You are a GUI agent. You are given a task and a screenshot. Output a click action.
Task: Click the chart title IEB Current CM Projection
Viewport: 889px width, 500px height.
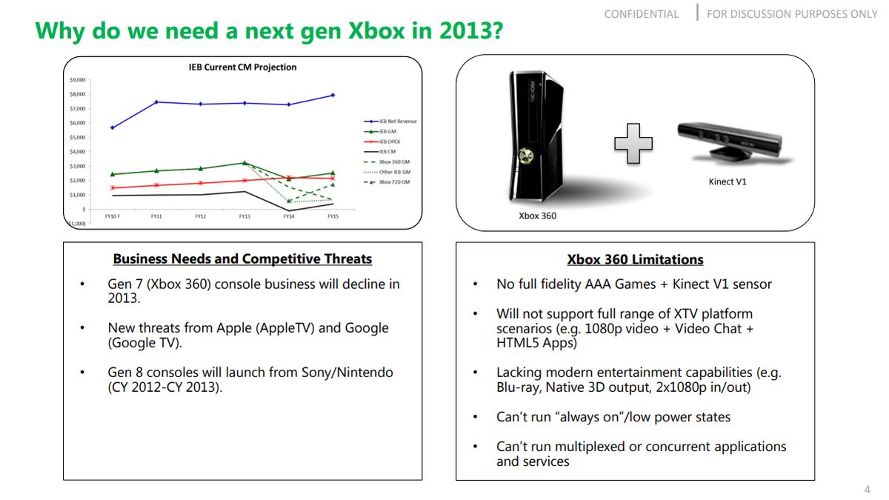point(242,67)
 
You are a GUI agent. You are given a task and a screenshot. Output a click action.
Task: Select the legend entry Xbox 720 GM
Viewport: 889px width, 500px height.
point(393,181)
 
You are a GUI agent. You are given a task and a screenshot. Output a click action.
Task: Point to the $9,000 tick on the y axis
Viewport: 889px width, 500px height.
point(77,80)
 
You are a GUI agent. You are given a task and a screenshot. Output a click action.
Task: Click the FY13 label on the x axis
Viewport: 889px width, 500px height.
point(244,217)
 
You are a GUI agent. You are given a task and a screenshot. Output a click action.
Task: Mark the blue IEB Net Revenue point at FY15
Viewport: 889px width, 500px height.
point(333,95)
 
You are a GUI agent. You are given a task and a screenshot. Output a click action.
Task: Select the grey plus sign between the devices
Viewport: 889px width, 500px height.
point(633,141)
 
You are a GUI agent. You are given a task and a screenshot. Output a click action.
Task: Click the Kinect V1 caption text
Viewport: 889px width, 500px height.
point(727,181)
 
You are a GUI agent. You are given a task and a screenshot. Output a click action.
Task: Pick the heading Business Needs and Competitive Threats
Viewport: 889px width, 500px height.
point(242,259)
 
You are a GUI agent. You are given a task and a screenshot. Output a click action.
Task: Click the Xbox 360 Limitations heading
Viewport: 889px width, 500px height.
point(635,260)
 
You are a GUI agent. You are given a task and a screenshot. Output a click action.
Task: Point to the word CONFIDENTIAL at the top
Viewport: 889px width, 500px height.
point(641,14)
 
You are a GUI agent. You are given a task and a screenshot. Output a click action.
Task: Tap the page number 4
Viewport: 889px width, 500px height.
point(868,490)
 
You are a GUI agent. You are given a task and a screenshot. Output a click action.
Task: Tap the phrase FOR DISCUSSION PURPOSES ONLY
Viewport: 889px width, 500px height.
point(791,14)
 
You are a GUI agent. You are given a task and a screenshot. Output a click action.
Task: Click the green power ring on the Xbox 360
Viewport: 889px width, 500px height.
point(527,156)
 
